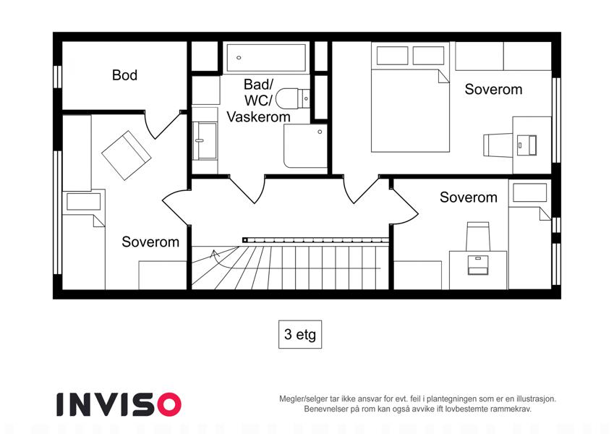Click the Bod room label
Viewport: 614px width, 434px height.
(x=124, y=75)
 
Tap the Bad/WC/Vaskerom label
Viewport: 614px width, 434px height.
(x=258, y=101)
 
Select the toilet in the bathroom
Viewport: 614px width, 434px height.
(x=292, y=98)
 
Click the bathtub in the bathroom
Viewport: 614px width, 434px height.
(x=266, y=58)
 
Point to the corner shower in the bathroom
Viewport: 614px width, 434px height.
(x=305, y=146)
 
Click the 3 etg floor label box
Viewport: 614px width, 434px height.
(x=300, y=334)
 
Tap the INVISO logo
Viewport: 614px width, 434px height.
(x=119, y=404)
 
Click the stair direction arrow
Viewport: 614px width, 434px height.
(x=218, y=258)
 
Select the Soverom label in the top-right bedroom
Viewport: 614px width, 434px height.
(x=493, y=89)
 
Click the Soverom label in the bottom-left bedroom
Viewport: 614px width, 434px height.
(x=150, y=242)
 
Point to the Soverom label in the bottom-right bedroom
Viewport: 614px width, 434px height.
(x=469, y=197)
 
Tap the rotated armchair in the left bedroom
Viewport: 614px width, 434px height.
(x=126, y=156)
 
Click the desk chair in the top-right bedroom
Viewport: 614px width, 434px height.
(x=498, y=145)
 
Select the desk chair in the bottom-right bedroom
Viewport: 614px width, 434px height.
(x=478, y=237)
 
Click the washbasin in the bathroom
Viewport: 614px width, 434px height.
(x=205, y=141)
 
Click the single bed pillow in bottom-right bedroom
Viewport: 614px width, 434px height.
(x=530, y=192)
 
